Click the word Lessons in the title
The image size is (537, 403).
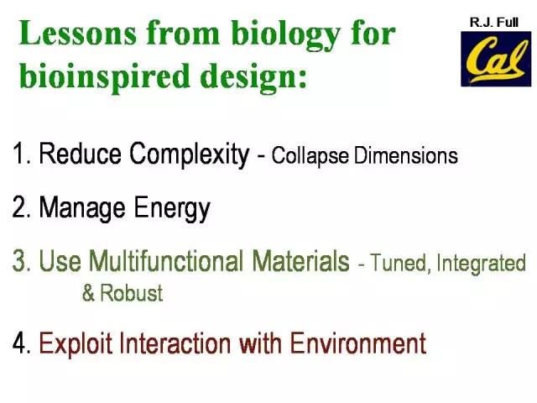78,33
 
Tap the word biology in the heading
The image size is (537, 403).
285,35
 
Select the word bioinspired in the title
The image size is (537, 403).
104,76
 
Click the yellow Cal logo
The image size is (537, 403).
496,59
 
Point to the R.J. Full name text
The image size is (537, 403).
494,23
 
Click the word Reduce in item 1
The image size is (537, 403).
80,153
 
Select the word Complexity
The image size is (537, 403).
190,154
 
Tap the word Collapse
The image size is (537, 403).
310,156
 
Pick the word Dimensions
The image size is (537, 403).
406,155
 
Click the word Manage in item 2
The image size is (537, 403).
82,208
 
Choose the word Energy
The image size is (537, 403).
172,208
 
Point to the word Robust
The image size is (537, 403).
132,293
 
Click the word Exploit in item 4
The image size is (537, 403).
76,343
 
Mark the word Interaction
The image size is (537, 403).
175,343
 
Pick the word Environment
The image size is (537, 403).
358,343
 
